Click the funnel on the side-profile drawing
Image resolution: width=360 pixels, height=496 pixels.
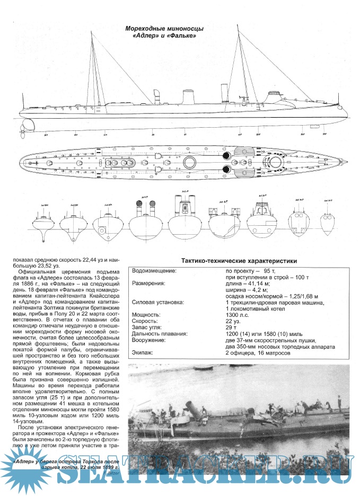point(188,97)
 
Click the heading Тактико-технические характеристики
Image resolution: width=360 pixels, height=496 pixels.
point(239,261)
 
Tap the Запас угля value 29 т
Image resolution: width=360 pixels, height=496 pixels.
point(231,327)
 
